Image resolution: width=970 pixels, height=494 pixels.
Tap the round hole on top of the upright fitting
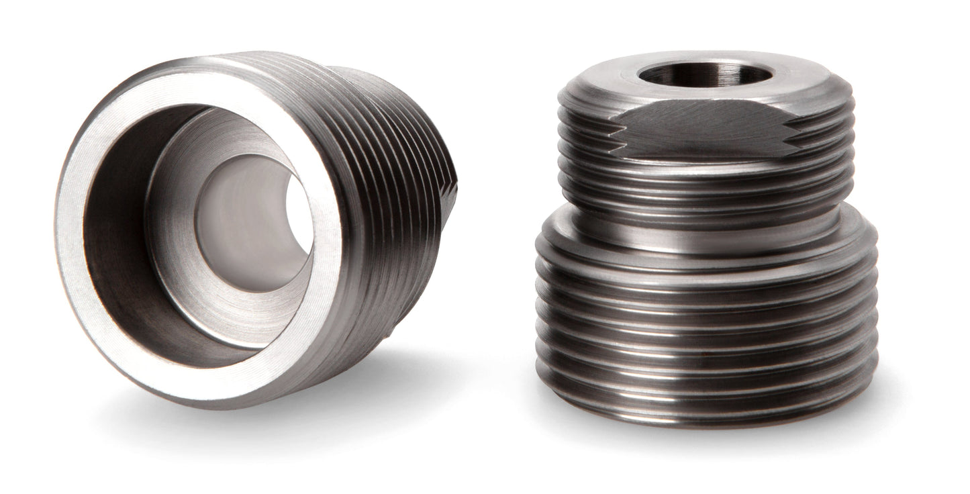coord(701,72)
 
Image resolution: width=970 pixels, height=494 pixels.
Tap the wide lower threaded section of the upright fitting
coord(705,322)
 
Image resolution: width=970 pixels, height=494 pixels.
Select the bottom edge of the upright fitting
coord(705,422)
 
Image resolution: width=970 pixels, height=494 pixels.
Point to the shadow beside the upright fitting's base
coord(893,403)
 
